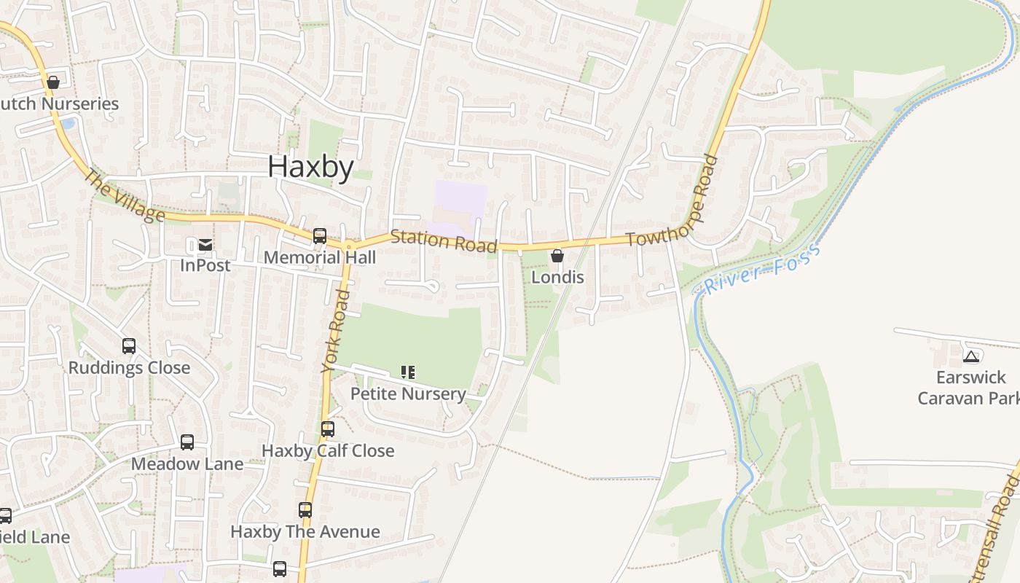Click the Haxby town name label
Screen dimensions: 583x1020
[310, 167]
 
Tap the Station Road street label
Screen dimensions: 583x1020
[444, 240]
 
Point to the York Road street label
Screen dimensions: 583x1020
[337, 332]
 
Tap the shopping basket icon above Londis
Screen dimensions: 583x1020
[557, 256]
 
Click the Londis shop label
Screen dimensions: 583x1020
[557, 277]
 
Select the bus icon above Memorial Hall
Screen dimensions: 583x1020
[320, 236]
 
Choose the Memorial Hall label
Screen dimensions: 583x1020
[320, 257]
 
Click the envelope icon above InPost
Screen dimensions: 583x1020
[205, 245]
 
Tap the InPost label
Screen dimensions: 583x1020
[205, 265]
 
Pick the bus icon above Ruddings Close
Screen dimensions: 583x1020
[129, 346]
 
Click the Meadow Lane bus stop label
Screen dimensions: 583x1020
[187, 463]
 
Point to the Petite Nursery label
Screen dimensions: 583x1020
[408, 394]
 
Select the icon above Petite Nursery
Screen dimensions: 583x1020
[408, 372]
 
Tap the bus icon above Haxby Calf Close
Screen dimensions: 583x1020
[328, 429]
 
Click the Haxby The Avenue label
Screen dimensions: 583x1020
[305, 531]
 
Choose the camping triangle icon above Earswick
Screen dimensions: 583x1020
[970, 356]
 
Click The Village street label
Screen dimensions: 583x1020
[124, 195]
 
